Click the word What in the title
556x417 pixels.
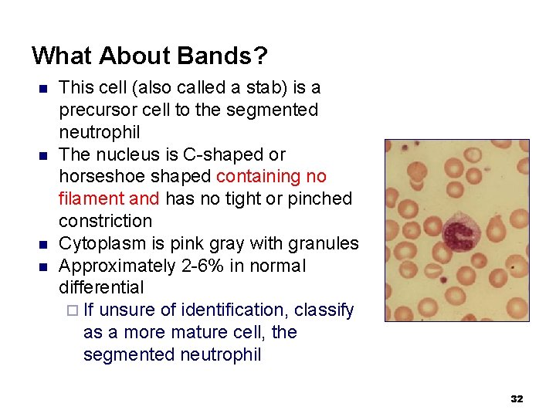(x=61, y=56)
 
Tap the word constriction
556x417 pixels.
(x=106, y=221)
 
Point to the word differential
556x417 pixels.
(x=101, y=287)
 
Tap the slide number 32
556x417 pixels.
(x=517, y=398)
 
